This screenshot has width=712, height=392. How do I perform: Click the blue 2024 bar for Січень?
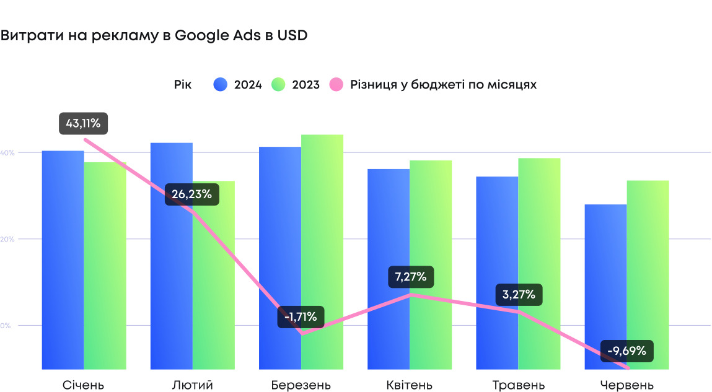[x=63, y=260]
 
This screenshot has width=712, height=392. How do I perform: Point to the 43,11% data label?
[x=83, y=123]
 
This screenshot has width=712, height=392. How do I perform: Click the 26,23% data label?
[x=191, y=194]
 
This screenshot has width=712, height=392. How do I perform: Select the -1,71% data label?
[x=301, y=317]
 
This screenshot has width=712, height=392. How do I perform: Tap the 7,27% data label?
[x=411, y=276]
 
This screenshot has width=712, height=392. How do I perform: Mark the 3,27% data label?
[x=519, y=294]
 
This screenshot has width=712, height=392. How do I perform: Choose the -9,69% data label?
[x=626, y=351]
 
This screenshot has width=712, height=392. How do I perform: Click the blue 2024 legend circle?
[x=221, y=85]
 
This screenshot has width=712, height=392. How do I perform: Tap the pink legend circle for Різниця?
[x=337, y=85]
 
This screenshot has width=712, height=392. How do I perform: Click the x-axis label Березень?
[x=301, y=385]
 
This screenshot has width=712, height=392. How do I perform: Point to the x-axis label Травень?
[x=519, y=385]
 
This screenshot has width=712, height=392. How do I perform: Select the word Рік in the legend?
[x=183, y=85]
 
